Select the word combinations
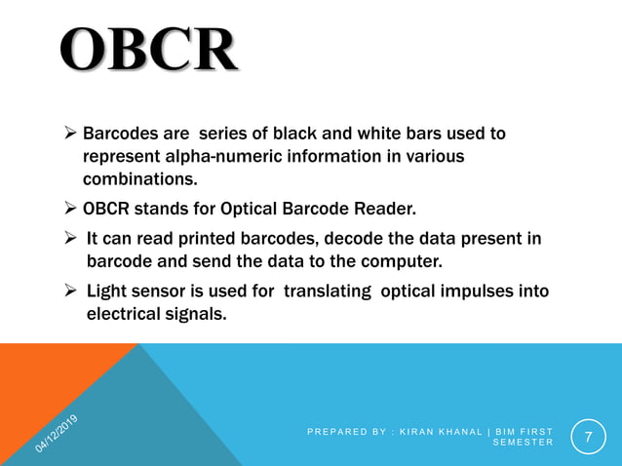coord(139,179)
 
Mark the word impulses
coord(483,291)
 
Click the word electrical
coord(122,314)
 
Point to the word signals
coord(194,314)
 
